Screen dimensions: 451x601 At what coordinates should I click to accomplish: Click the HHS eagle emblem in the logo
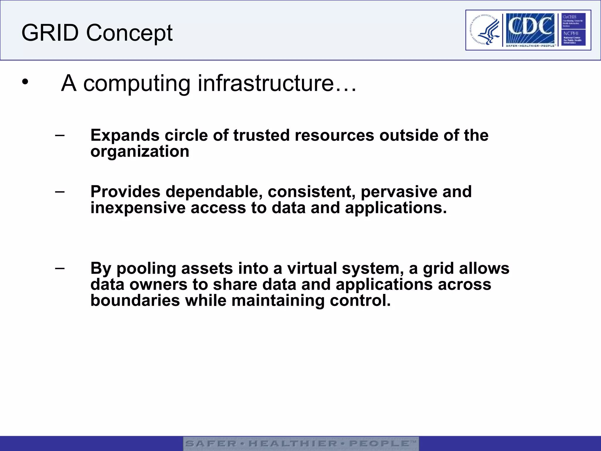pos(485,30)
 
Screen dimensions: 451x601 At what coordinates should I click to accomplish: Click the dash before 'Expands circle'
pos(60,135)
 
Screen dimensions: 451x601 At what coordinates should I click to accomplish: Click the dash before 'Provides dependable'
pos(60,191)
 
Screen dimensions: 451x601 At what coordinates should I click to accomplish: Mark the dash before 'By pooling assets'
pos(60,268)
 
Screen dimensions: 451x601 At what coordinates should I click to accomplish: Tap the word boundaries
pos(135,301)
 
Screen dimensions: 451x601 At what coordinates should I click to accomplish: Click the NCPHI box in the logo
pos(573,38)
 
